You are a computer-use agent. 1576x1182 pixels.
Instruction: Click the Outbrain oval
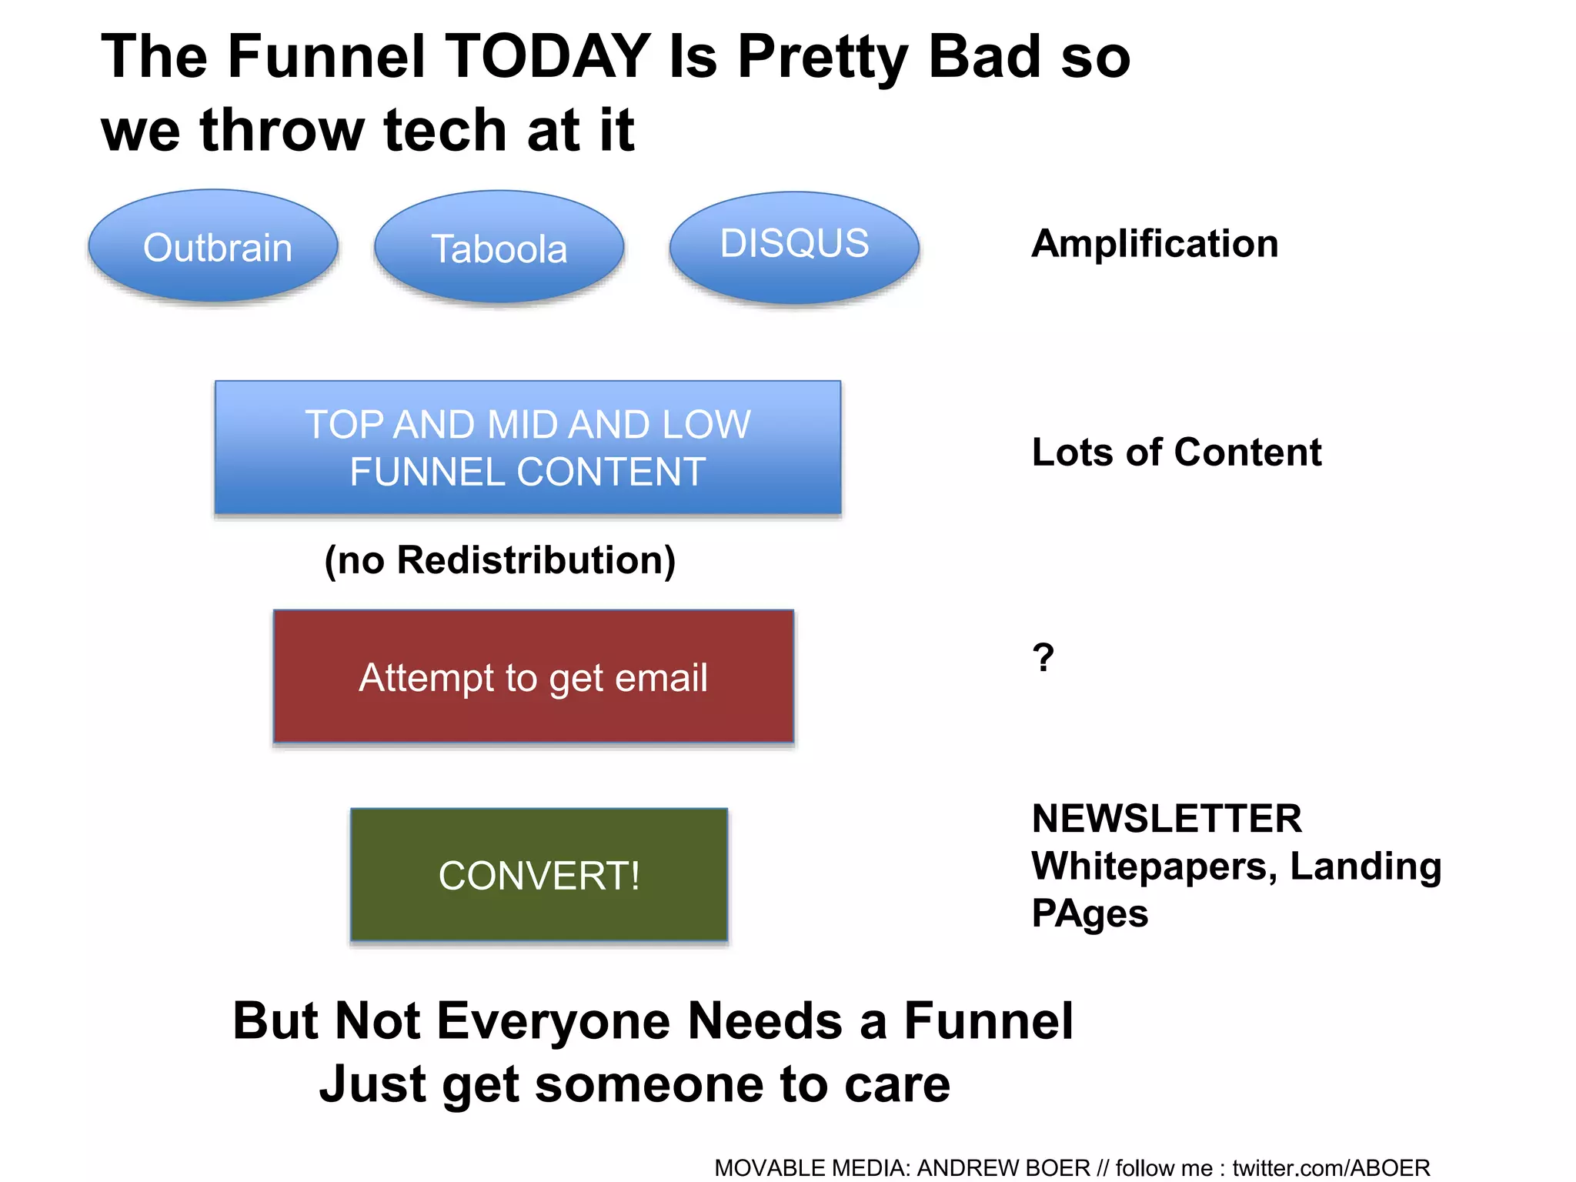[x=214, y=247]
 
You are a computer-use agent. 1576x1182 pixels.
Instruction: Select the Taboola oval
[x=499, y=248]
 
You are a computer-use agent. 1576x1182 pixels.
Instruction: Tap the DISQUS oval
[x=794, y=245]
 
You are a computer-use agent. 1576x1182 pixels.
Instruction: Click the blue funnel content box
[x=528, y=448]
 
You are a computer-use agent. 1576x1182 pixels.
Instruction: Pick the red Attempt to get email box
[x=533, y=677]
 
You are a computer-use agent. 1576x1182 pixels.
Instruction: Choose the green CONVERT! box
[x=539, y=876]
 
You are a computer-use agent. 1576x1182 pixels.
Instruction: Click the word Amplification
[x=1154, y=244]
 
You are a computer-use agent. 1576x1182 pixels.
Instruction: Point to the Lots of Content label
[x=1176, y=452]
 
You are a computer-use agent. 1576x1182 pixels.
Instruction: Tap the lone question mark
[x=1043, y=658]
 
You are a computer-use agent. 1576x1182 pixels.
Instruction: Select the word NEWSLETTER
[x=1167, y=818]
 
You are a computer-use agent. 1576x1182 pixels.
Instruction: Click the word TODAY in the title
[x=548, y=57]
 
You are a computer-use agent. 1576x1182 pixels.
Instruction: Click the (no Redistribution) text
[x=500, y=560]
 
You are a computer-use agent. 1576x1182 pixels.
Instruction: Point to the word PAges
[x=1090, y=914]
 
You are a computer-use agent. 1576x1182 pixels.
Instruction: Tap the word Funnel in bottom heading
[x=988, y=1021]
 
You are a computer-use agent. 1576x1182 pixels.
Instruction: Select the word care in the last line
[x=897, y=1085]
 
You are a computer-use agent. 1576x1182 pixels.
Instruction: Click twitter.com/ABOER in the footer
[x=1331, y=1168]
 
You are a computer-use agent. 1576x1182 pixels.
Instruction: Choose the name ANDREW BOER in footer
[x=1003, y=1168]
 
